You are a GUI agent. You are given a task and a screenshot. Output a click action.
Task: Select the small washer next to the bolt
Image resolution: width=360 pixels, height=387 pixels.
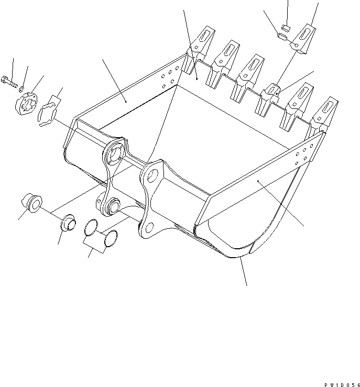[x=21, y=89]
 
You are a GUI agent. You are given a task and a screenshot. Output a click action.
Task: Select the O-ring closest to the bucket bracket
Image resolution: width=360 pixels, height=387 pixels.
[x=110, y=238]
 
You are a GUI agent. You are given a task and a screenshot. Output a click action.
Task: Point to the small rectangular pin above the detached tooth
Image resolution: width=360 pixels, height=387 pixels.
[x=286, y=26]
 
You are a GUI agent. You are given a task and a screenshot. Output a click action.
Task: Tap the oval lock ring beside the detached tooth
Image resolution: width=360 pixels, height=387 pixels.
[x=282, y=36]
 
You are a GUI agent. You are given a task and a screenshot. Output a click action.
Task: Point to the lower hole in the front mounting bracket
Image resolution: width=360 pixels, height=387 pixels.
[x=148, y=227]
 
